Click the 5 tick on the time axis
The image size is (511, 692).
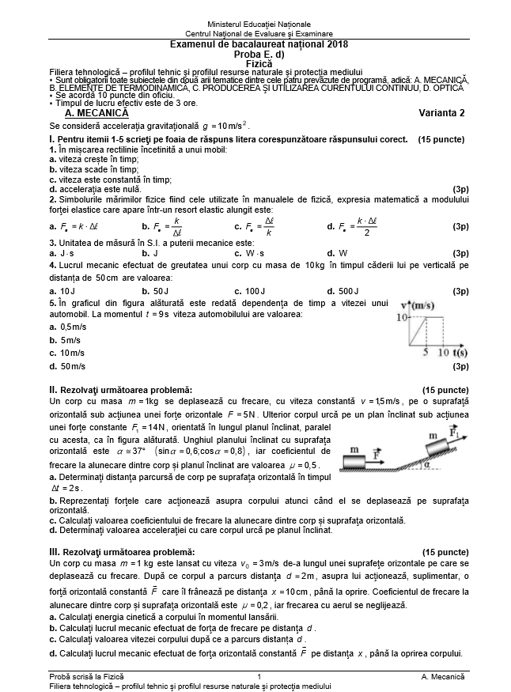click(426, 352)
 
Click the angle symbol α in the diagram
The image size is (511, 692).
click(428, 465)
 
